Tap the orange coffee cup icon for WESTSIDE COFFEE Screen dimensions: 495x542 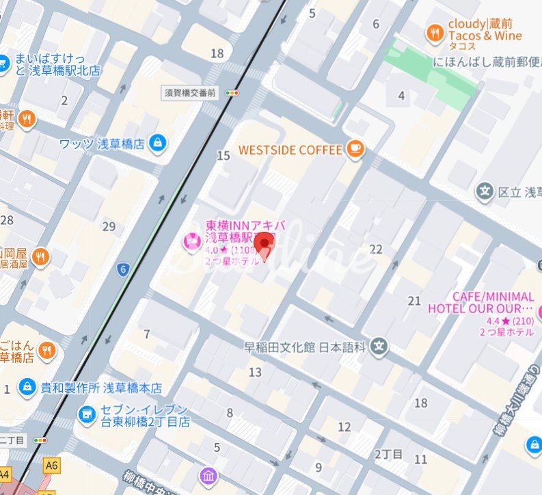(x=354, y=149)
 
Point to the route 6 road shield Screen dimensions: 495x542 (x=123, y=269)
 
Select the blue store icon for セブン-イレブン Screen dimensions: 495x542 (x=86, y=414)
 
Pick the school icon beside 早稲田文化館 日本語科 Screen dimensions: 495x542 (x=380, y=347)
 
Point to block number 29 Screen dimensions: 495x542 (x=108, y=226)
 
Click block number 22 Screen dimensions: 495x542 (x=375, y=249)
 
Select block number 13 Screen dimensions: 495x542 (x=255, y=372)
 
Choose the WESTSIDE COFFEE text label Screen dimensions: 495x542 (x=290, y=149)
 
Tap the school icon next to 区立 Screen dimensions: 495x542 (x=485, y=191)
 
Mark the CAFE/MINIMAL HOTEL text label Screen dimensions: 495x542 (x=480, y=302)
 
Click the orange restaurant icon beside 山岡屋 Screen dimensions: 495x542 (x=41, y=257)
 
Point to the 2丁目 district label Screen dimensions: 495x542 (x=390, y=454)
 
